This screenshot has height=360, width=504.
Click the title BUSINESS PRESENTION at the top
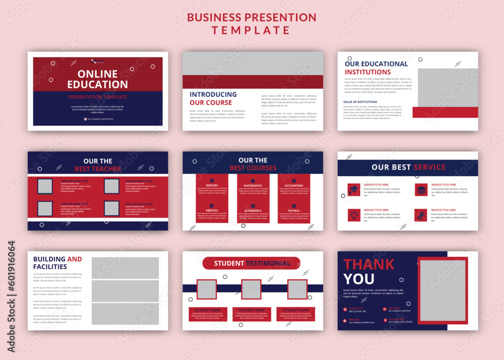pyautogui.click(x=251, y=17)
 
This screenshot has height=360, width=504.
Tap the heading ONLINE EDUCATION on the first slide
pyautogui.click(x=97, y=79)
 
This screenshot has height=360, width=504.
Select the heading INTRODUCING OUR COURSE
pyautogui.click(x=213, y=98)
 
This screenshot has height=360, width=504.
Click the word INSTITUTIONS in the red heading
pyautogui.click(x=367, y=72)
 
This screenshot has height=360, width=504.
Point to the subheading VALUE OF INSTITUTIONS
pyautogui.click(x=360, y=102)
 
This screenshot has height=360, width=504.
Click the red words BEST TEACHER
pyautogui.click(x=98, y=169)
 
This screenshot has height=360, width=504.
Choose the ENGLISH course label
pyautogui.click(x=212, y=186)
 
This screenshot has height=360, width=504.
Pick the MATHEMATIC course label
pyautogui.click(x=253, y=186)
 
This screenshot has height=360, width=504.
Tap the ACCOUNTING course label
pyautogui.click(x=294, y=186)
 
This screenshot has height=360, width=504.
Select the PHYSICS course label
pyautogui.click(x=294, y=211)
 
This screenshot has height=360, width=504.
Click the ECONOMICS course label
pyautogui.click(x=253, y=211)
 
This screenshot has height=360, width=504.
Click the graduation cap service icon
pyautogui.click(x=354, y=190)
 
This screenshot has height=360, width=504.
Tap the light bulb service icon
pyautogui.click(x=354, y=215)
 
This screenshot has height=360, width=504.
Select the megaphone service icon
pyautogui.click(x=421, y=215)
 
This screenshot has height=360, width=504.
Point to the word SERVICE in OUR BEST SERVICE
pyautogui.click(x=429, y=167)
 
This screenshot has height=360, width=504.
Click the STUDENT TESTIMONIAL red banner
pyautogui.click(x=251, y=263)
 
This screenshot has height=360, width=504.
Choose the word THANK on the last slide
pyautogui.click(x=369, y=264)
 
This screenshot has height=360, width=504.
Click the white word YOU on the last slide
pyautogui.click(x=359, y=279)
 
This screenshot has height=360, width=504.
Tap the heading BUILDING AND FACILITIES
pyautogui.click(x=57, y=263)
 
